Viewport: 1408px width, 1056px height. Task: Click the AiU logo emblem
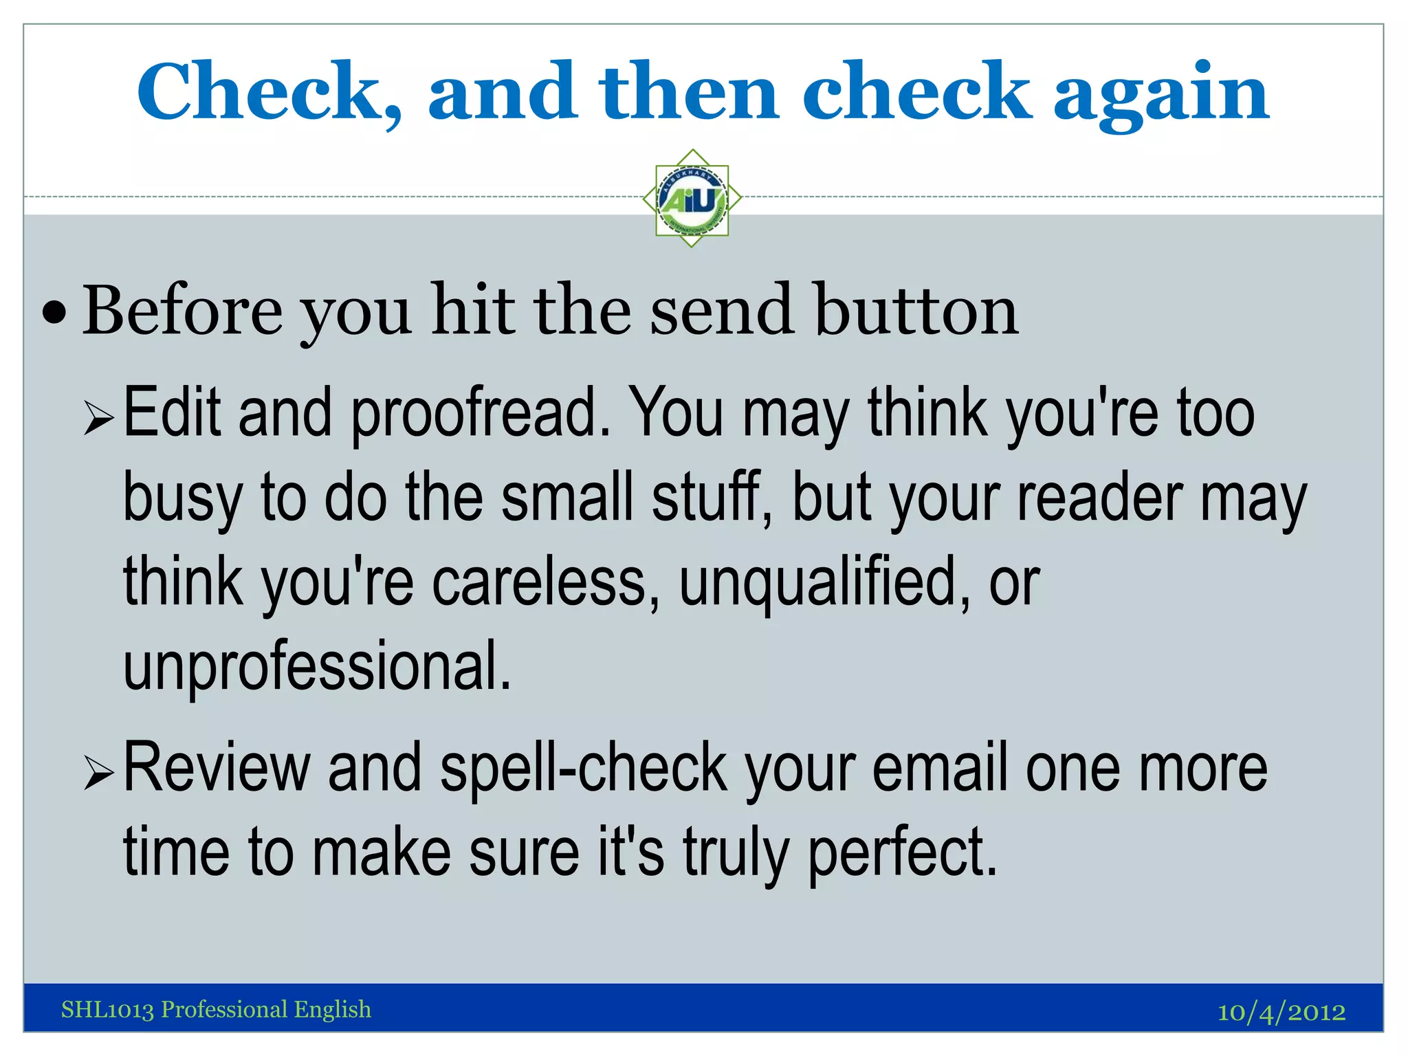(x=692, y=199)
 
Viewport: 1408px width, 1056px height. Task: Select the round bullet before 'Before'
(x=54, y=313)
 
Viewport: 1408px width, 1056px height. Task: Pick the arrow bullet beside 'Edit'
(x=98, y=419)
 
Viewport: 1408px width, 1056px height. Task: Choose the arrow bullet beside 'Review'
(x=98, y=773)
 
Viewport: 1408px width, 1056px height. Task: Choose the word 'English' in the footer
(x=333, y=1009)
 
